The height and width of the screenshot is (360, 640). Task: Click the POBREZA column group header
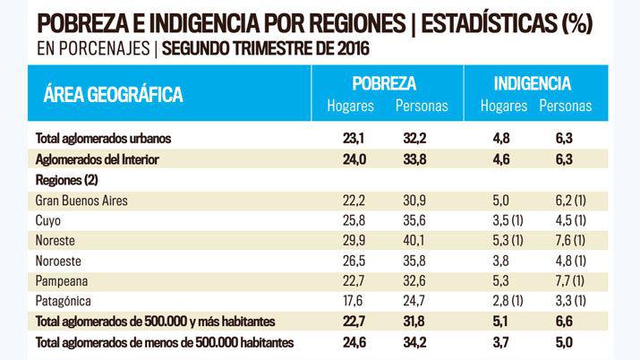384,83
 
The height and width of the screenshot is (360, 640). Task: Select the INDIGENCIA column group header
533,83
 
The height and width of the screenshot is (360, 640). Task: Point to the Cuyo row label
49,220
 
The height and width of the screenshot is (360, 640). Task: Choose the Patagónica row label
65,300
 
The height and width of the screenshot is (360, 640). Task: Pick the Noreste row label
56,241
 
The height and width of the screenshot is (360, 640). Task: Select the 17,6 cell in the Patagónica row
345,300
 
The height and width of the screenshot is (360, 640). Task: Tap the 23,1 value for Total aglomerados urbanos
345,139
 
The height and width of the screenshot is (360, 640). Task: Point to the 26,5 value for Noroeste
345,261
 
